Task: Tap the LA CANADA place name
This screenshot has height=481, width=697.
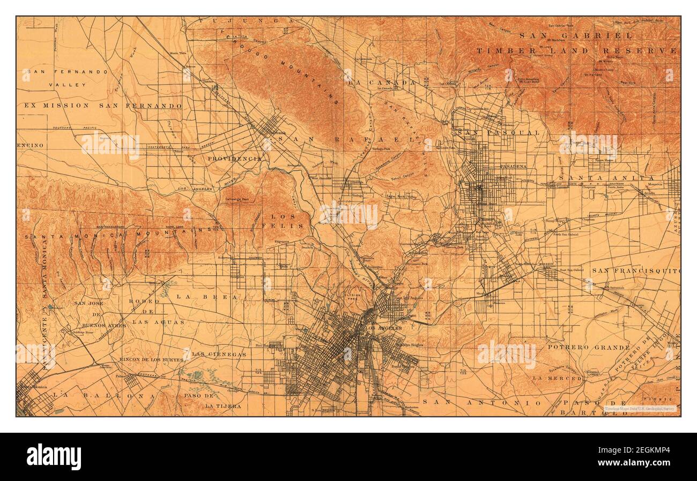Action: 381,83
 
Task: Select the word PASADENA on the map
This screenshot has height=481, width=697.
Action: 513,167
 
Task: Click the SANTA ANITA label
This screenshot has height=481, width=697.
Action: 606,177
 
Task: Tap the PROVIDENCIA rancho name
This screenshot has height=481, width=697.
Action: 235,159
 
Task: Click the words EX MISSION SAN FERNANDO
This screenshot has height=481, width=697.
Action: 103,106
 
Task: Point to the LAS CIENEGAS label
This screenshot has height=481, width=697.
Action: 219,354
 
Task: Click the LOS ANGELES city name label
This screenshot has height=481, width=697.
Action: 383,328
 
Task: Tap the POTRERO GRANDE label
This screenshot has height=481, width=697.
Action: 589,347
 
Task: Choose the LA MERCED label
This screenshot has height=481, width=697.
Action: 557,378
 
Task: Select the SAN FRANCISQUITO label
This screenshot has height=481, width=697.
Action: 635,271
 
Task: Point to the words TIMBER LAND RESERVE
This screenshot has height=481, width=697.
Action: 576,51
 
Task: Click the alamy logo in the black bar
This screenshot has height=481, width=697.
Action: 54,456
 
